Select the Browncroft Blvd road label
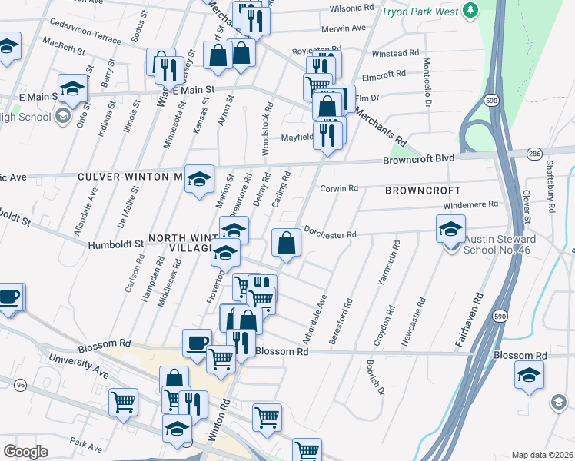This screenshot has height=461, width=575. (x=419, y=159)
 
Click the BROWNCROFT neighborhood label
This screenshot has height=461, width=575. (x=423, y=190)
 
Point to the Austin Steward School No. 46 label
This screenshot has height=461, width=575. (x=500, y=245)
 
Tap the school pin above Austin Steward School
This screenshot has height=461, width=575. (x=450, y=228)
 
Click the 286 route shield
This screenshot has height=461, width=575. (x=533, y=154)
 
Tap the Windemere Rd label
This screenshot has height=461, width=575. (x=471, y=204)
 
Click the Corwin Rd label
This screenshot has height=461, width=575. (x=339, y=188)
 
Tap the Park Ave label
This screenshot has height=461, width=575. (x=85, y=445)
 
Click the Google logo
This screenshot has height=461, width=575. (x=26, y=452)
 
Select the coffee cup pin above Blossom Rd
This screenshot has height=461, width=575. (x=197, y=342)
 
